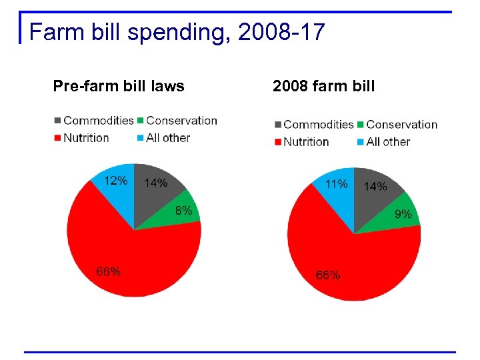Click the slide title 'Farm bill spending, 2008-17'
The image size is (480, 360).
click(x=177, y=31)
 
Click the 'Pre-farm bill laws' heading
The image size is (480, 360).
click(x=119, y=86)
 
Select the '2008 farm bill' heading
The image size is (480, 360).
click(x=324, y=86)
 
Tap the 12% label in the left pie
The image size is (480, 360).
click(x=115, y=180)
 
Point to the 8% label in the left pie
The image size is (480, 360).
click(x=183, y=211)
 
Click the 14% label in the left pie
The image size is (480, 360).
click(x=156, y=183)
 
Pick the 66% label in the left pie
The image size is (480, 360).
click(x=109, y=271)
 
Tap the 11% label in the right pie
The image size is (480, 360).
click(x=335, y=184)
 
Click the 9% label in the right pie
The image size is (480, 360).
click(x=403, y=214)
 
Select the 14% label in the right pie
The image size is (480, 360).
click(x=375, y=187)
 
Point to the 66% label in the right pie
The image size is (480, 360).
click(x=328, y=275)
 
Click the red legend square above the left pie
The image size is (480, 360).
click(x=58, y=138)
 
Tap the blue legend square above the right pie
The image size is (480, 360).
click(x=361, y=142)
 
